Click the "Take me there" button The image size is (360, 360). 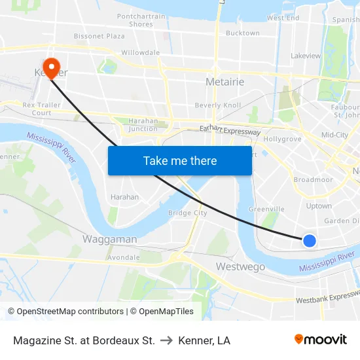[x=180, y=160]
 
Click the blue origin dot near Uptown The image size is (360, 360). [x=310, y=241]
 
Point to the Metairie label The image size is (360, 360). [x=225, y=82]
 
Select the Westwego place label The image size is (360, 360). [x=240, y=266]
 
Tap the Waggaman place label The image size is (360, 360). [x=109, y=239]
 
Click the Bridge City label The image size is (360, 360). [x=187, y=213]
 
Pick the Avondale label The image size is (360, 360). [x=123, y=257]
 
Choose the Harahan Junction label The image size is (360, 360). [x=143, y=124]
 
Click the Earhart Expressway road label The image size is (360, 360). [x=230, y=131]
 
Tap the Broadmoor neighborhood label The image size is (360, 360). [x=314, y=179]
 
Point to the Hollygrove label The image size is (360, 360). [x=282, y=139]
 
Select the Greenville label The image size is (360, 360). [x=266, y=209]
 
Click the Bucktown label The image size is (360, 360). [x=242, y=33]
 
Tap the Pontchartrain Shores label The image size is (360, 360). [x=141, y=20]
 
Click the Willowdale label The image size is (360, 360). [x=141, y=52]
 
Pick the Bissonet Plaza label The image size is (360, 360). [x=99, y=36]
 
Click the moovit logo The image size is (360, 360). [x=320, y=340]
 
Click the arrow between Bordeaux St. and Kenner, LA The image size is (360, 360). [x=166, y=340]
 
